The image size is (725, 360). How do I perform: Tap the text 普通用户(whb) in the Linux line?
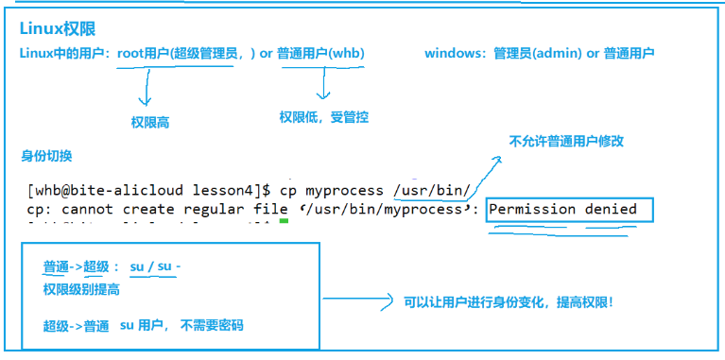pos(321,54)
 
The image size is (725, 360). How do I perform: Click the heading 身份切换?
pos(46,155)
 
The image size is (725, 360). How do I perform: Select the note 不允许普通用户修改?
pos(566,142)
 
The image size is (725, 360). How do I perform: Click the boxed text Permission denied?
pos(563,209)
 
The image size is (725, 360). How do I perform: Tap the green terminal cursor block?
pos(283,224)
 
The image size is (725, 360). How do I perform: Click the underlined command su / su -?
pos(155,267)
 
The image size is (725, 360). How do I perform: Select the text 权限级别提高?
pos(81,290)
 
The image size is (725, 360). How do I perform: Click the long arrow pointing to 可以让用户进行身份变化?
pos(359,302)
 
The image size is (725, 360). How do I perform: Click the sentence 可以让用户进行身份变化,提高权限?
pos(509,303)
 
